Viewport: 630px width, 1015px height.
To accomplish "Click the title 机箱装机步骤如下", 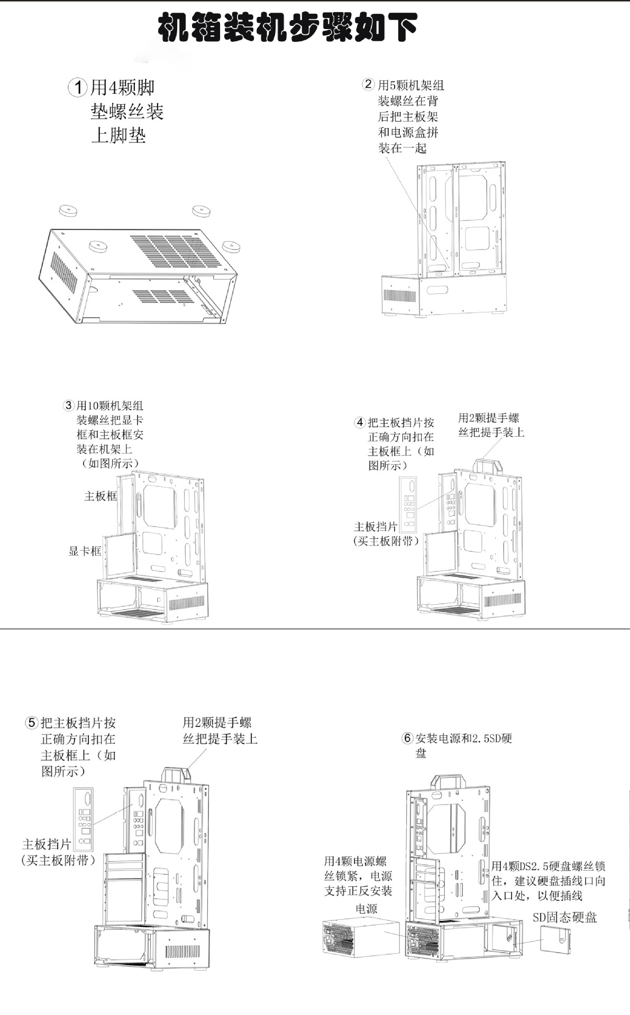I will click(288, 27).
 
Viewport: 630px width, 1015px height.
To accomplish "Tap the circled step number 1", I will click(78, 87).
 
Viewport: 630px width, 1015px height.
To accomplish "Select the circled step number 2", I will click(368, 85).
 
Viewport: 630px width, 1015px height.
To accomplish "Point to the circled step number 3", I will click(69, 406).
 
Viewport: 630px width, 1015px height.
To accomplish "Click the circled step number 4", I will click(360, 422).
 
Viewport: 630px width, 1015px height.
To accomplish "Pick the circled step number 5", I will click(32, 723).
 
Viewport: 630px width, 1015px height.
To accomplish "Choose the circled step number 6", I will click(407, 738).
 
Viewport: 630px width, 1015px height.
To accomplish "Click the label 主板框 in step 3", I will click(101, 496).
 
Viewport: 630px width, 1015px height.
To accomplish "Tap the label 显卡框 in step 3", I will click(85, 551).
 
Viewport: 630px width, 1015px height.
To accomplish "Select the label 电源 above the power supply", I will click(366, 909).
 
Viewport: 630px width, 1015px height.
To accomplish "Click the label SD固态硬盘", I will click(564, 917).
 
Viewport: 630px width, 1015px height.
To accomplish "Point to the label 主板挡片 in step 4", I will click(376, 527).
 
